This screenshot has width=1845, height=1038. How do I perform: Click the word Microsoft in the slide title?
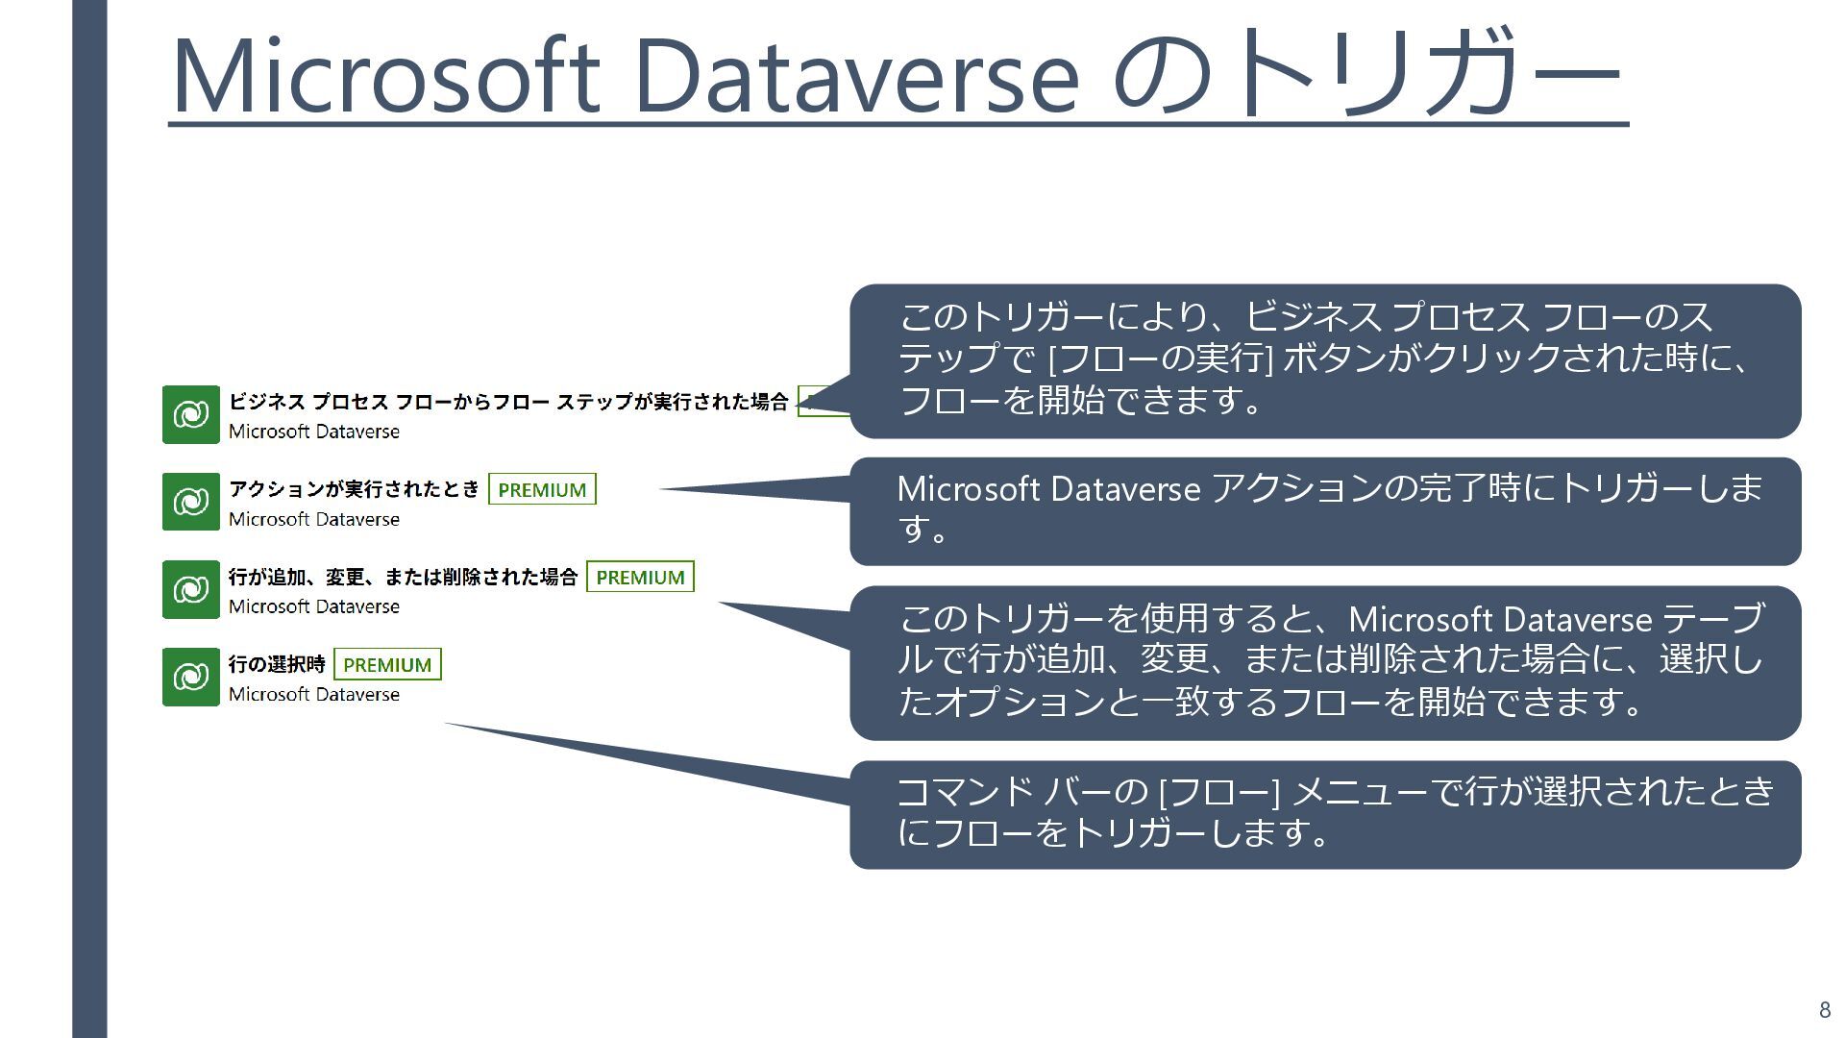pyautogui.click(x=384, y=75)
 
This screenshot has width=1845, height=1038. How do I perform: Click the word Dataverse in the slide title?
pyautogui.click(x=856, y=75)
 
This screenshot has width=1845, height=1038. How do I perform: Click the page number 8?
pyautogui.click(x=1825, y=1010)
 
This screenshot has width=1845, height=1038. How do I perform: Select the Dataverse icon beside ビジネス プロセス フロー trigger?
pyautogui.click(x=190, y=414)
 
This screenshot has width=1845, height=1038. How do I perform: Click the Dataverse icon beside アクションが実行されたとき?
pyautogui.click(x=190, y=502)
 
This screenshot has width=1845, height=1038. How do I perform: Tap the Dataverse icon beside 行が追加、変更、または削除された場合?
pyautogui.click(x=190, y=589)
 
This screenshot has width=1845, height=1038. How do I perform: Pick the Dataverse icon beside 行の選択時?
pyautogui.click(x=190, y=677)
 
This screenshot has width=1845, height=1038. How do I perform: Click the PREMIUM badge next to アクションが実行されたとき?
pyautogui.click(x=542, y=489)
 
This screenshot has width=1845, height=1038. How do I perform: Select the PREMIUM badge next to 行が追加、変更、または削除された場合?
pyautogui.click(x=640, y=577)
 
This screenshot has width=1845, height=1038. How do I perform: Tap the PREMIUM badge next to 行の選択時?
pyautogui.click(x=387, y=664)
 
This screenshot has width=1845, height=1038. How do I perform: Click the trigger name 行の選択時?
pyautogui.click(x=277, y=664)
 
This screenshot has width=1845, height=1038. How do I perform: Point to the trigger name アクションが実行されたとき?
pyautogui.click(x=354, y=489)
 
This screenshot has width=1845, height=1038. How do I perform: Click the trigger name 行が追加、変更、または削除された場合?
pyautogui.click(x=403, y=577)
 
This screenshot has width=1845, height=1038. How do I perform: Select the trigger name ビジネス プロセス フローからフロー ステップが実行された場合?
pyautogui.click(x=508, y=402)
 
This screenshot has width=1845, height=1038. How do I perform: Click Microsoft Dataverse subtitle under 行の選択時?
pyautogui.click(x=314, y=694)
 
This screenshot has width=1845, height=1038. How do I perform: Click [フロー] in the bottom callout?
pyautogui.click(x=1219, y=792)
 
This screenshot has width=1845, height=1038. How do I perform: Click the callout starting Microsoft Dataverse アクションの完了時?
pyautogui.click(x=1325, y=510)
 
